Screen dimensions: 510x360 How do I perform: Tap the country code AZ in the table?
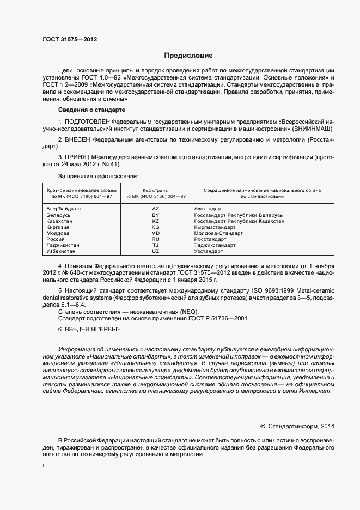coord(155,209)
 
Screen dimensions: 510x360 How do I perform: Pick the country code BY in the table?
coord(155,215)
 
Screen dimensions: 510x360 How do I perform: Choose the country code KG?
coord(155,227)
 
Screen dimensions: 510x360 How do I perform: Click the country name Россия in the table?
coord(56,239)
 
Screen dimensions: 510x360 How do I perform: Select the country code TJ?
coord(155,245)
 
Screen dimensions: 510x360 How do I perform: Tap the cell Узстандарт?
coord(209,251)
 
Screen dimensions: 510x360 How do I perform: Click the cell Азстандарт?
coord(209,209)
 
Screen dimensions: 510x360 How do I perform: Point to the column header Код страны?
coord(155,190)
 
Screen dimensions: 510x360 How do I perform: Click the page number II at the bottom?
coord(45,466)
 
